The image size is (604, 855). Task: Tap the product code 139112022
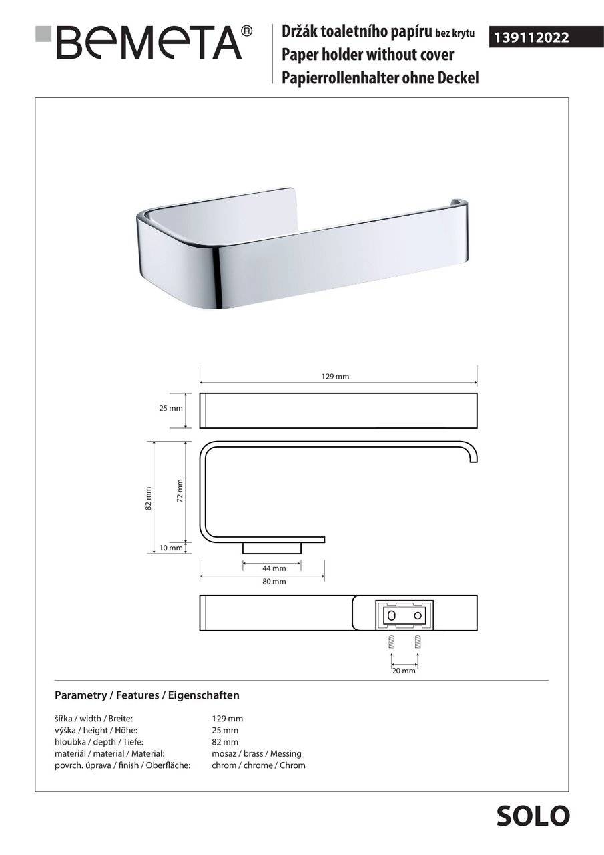click(531, 37)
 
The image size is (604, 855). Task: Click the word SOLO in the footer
click(533, 816)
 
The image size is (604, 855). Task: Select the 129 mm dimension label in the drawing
click(335, 376)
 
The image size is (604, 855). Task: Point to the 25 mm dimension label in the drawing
click(171, 408)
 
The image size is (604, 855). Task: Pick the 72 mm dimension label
click(180, 490)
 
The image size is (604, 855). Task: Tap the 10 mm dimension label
click(171, 548)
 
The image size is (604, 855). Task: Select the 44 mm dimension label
click(274, 568)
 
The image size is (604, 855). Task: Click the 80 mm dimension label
click(274, 582)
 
